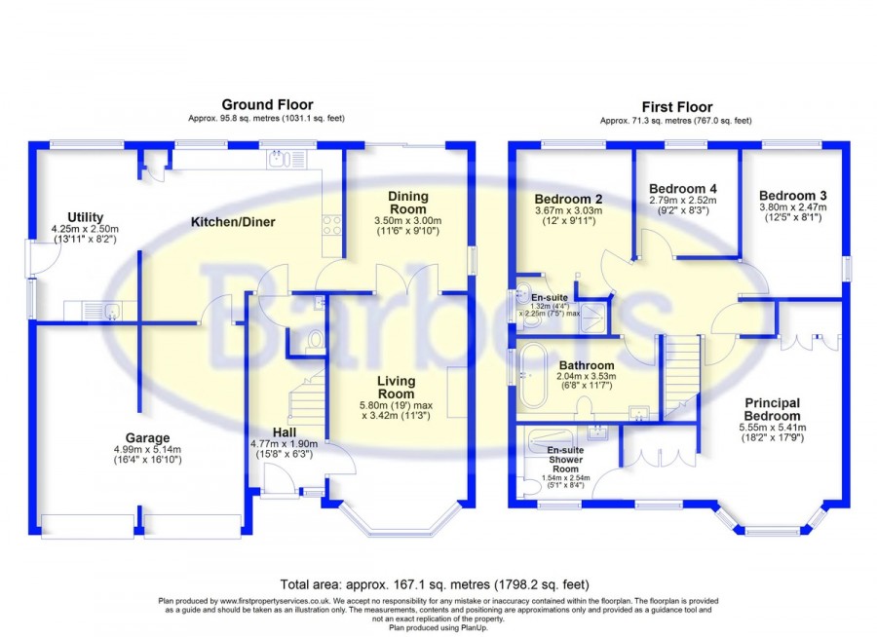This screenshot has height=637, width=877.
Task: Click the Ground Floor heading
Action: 267,104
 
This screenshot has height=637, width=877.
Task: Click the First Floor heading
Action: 677,107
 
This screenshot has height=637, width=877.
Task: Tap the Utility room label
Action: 85,217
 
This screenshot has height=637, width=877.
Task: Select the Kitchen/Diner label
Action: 233,222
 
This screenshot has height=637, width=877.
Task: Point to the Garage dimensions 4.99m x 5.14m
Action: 148,450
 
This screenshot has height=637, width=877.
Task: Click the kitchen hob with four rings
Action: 331,224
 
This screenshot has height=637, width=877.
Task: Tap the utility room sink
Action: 106,311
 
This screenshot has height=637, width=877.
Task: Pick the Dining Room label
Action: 408,203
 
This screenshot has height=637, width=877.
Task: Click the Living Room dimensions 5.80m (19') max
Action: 397,405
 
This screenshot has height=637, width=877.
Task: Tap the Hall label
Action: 285,432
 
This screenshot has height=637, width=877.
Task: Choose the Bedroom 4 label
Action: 683,189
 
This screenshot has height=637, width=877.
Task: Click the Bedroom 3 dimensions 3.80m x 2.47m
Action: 792,206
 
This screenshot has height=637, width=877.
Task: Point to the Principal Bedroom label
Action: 773,409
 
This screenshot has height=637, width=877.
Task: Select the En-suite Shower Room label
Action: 565,460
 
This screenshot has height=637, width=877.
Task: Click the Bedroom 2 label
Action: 568,199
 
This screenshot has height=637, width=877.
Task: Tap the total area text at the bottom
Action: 435,585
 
